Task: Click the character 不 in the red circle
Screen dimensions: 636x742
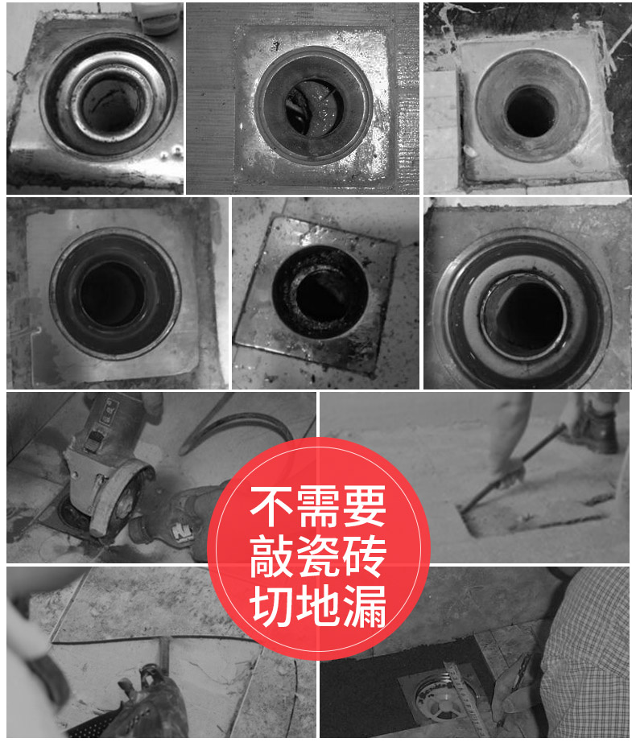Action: tap(271, 506)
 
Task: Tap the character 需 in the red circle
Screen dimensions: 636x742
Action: tap(317, 506)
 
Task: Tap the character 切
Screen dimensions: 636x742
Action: tap(271, 606)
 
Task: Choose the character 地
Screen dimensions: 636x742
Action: tap(317, 606)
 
